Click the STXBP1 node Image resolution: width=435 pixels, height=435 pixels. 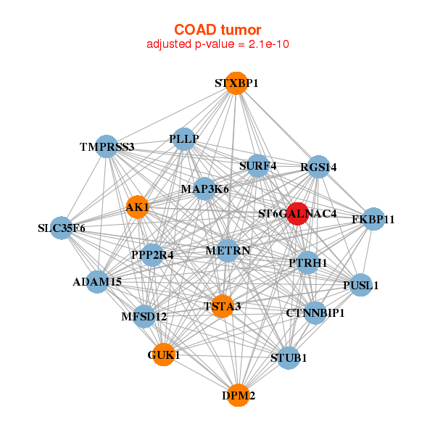[236, 83]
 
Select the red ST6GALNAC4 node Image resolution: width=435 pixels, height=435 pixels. [297, 214]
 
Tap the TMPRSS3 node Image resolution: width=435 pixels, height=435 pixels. [107, 146]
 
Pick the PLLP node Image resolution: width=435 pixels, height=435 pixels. [183, 138]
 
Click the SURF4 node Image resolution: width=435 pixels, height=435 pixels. [257, 166]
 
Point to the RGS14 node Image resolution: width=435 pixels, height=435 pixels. [318, 167]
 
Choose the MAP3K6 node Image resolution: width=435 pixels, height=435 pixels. [205, 189]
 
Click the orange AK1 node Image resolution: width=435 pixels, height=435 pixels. [138, 207]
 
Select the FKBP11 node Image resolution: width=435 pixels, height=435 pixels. [373, 219]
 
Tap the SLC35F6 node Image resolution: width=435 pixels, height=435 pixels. [62, 228]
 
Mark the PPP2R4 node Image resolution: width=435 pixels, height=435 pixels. [152, 254]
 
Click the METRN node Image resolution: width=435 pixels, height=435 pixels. [228, 251]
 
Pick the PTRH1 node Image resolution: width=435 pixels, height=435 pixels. [308, 262]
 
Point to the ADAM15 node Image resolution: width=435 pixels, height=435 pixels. [98, 281]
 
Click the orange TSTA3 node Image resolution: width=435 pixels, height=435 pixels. [222, 307]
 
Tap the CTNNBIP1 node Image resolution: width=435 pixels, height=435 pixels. [315, 313]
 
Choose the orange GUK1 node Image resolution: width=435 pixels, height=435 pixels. [164, 355]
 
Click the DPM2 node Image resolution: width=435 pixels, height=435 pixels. [238, 396]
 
